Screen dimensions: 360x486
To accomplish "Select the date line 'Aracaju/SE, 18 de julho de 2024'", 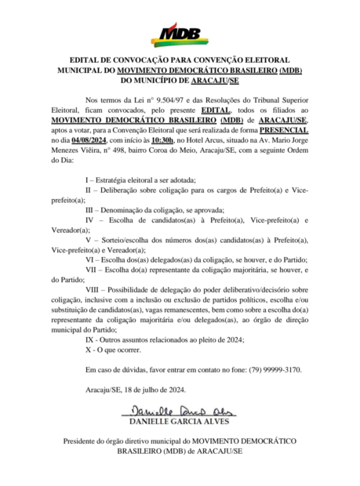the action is (135, 390).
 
